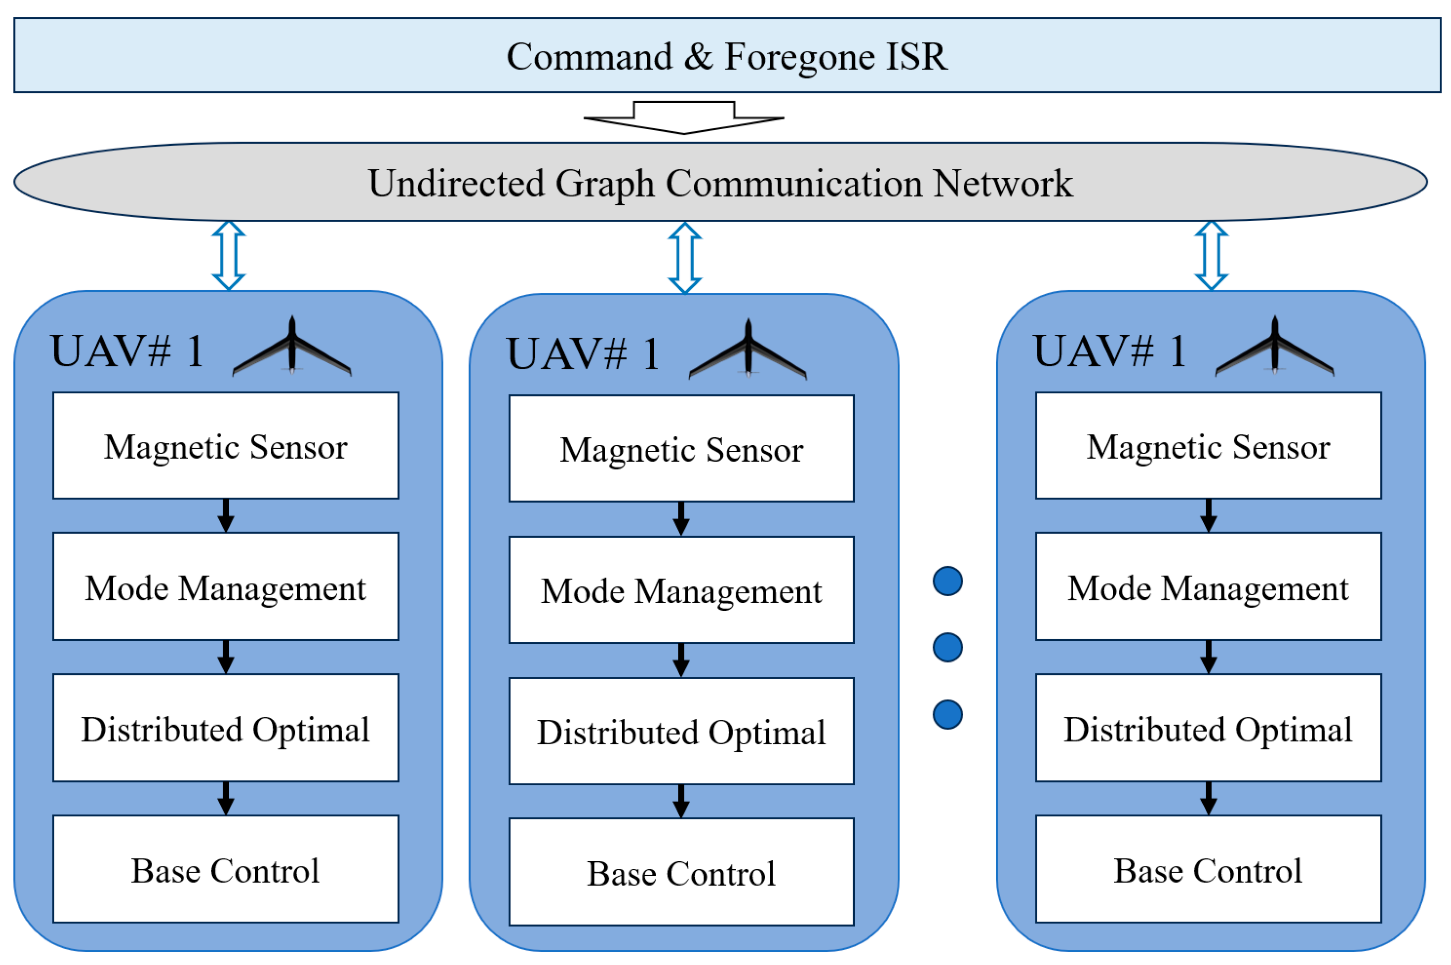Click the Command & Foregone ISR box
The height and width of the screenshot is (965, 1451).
[726, 55]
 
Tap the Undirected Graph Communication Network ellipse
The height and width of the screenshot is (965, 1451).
[720, 182]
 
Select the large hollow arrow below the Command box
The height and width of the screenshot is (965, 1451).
[683, 118]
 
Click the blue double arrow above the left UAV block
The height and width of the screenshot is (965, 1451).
[229, 256]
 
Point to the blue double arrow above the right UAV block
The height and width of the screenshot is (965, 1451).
[1211, 256]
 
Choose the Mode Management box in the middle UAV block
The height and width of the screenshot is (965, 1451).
[681, 590]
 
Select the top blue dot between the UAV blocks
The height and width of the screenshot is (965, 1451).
[947, 581]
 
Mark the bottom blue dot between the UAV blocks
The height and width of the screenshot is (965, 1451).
[947, 715]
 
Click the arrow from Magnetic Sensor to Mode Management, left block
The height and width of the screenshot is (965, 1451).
[226, 516]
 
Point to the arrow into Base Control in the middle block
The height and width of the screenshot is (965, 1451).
[681, 801]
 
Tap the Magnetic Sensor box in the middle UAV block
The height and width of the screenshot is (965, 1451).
[681, 449]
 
